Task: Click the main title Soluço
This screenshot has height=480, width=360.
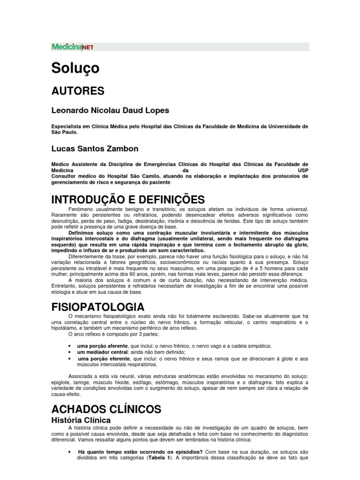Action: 75,68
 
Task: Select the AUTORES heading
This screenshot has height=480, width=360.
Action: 77,90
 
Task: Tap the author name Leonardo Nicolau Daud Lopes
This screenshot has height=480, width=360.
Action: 110,111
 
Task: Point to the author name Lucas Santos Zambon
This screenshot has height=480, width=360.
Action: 94,149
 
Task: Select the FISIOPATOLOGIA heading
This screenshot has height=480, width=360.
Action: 97,307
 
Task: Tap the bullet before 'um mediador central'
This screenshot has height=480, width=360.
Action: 70,352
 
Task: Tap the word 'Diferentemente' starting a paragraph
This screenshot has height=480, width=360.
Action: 88,256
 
